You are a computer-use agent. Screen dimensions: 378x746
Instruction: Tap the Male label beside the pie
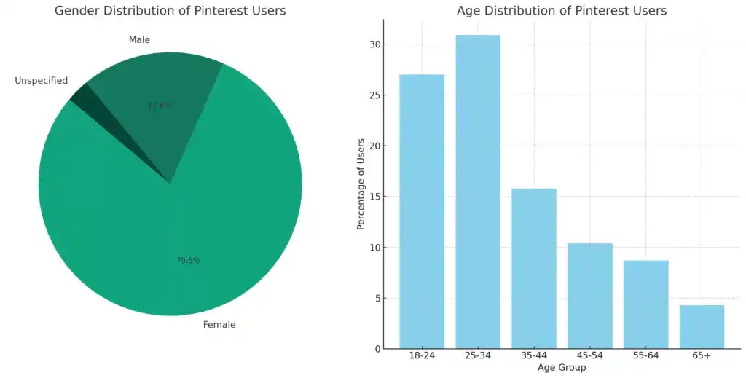click(x=139, y=40)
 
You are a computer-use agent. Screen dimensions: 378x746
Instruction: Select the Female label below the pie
click(x=219, y=325)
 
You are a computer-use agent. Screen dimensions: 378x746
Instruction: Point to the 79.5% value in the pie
click(x=189, y=260)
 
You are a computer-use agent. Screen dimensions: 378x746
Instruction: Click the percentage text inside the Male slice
click(x=160, y=105)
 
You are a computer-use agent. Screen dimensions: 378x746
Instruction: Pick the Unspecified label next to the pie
click(x=41, y=81)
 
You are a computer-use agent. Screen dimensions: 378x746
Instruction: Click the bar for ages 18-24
click(x=422, y=211)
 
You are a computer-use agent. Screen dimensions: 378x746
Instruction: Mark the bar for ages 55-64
click(x=645, y=304)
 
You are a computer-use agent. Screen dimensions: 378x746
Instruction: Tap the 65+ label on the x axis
click(x=702, y=355)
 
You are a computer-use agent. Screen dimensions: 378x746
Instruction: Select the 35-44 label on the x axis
click(x=534, y=355)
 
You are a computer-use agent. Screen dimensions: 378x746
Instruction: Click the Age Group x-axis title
click(x=562, y=368)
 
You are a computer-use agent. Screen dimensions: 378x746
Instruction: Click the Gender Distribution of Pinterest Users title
click(x=170, y=11)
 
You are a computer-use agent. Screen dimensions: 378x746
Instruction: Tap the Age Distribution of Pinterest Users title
click(x=562, y=11)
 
